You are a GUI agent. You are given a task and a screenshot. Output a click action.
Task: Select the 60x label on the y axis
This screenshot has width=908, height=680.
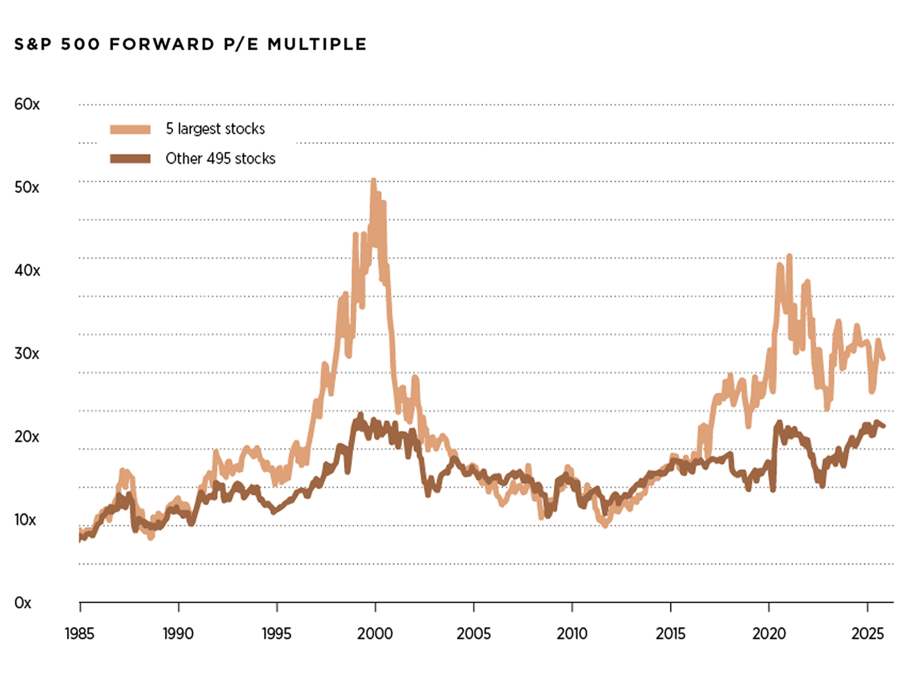pyautogui.click(x=27, y=104)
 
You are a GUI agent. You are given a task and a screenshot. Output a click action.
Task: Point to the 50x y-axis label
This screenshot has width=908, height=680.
pyautogui.click(x=27, y=187)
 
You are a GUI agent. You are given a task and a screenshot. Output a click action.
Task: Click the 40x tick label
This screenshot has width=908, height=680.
pyautogui.click(x=27, y=270)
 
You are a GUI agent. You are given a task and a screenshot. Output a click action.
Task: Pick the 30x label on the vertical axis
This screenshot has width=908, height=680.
pyautogui.click(x=27, y=353)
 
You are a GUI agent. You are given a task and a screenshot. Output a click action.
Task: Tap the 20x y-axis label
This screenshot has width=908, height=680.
pyautogui.click(x=27, y=436)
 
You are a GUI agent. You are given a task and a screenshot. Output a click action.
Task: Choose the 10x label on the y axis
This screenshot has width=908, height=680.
pyautogui.click(x=26, y=519)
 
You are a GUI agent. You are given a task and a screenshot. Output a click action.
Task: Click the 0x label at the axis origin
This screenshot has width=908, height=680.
pyautogui.click(x=23, y=602)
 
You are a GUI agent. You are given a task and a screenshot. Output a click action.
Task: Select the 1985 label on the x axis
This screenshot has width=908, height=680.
pyautogui.click(x=79, y=633)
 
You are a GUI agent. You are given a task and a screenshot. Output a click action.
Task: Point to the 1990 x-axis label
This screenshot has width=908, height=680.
pyautogui.click(x=178, y=633)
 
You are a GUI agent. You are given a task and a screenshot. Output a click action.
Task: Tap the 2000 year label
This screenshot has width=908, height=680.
pyautogui.click(x=375, y=633)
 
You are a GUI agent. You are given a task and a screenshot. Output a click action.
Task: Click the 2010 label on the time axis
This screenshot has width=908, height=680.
pyautogui.click(x=572, y=633)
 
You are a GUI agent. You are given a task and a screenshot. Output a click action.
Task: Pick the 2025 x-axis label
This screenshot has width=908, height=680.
pyautogui.click(x=867, y=633)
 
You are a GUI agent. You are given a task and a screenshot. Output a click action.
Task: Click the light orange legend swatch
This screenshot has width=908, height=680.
pyautogui.click(x=130, y=129)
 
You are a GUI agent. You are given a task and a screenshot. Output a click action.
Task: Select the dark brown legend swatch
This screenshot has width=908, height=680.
pyautogui.click(x=130, y=159)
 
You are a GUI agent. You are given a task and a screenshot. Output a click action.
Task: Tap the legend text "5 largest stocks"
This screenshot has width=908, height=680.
pyautogui.click(x=215, y=129)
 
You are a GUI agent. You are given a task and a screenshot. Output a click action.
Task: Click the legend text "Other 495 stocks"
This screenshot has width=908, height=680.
pyautogui.click(x=220, y=158)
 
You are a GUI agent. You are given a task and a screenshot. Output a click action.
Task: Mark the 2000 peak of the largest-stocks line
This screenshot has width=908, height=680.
pyautogui.click(x=373, y=180)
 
